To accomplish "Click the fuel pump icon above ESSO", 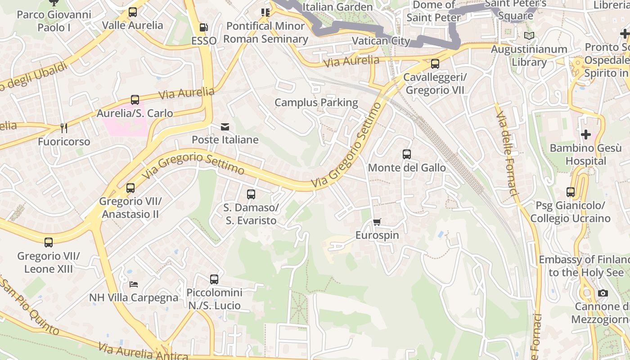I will point(204,27).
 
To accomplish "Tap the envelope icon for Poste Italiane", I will point(225,127).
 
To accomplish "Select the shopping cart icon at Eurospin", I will point(377,222).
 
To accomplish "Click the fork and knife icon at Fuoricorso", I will point(64,128).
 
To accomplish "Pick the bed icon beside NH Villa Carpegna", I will point(134,284).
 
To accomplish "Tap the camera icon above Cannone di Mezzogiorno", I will point(603,293).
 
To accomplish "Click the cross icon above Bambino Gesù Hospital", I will point(585,134).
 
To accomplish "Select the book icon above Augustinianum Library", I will point(529,36).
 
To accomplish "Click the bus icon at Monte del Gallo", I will point(407,154).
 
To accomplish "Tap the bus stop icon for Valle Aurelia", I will point(132,12).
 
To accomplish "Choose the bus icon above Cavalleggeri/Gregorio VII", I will point(435,64).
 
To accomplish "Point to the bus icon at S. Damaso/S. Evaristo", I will point(251,194).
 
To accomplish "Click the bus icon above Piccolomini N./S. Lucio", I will point(214,279).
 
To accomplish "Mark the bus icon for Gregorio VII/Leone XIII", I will point(49,243).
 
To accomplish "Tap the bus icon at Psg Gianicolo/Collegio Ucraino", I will point(571,192).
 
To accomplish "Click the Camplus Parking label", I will point(316,103).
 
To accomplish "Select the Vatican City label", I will point(381,41).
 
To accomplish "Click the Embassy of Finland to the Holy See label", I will point(585,266).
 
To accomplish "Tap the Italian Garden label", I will point(337,7).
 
